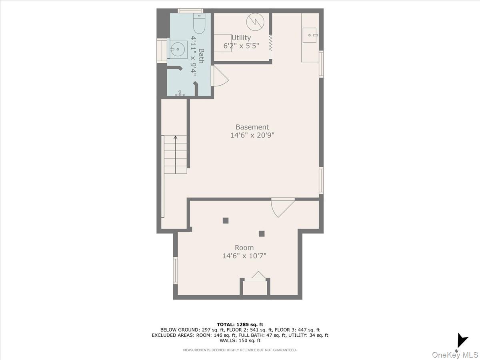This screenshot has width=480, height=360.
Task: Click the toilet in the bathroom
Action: coord(199,23)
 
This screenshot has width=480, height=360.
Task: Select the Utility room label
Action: coord(241,38)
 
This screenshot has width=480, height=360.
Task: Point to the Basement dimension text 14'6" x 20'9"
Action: coord(252,136)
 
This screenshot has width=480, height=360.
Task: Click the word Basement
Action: coord(252,127)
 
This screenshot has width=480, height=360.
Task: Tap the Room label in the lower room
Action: coord(244,248)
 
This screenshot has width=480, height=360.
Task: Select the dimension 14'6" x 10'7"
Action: coord(244,256)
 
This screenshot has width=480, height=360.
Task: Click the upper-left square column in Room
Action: coord(226,220)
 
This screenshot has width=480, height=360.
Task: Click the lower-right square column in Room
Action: coord(262,234)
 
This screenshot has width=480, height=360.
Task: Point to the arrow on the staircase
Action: coord(175,138)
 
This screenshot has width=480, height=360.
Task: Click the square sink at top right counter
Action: coord(310,35)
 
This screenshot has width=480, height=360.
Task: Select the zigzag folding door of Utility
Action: coord(270,42)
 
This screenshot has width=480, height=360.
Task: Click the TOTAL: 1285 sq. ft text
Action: coord(240,324)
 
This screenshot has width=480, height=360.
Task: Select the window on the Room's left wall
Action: coord(175,270)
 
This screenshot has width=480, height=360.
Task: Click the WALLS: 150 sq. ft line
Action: coord(240,340)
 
